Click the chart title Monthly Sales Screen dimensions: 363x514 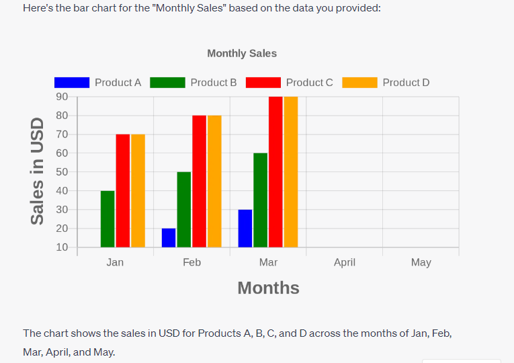click(x=242, y=53)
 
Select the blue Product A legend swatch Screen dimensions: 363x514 click(x=72, y=83)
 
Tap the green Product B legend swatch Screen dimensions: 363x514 click(x=167, y=83)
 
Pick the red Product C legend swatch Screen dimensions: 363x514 click(x=263, y=83)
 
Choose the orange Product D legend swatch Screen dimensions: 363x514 click(x=359, y=83)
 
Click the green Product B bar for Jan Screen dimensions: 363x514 click(x=108, y=219)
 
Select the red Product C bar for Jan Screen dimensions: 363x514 click(x=123, y=191)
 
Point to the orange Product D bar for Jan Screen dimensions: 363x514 click(x=138, y=191)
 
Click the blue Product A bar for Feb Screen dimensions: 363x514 click(x=169, y=238)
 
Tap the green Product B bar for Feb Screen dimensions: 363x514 click(x=184, y=210)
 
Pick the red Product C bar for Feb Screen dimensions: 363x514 click(x=200, y=182)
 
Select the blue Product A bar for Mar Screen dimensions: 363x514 click(x=245, y=229)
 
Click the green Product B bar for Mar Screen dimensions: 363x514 click(x=261, y=200)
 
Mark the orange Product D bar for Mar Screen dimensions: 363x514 click(x=290, y=172)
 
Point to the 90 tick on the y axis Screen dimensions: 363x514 click(x=62, y=97)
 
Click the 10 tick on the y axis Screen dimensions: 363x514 click(x=62, y=247)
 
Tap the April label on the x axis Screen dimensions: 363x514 click(x=345, y=262)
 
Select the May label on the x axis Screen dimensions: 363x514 click(x=421, y=262)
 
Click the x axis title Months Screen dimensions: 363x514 click(x=268, y=288)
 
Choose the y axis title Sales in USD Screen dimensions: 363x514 click(x=38, y=171)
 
